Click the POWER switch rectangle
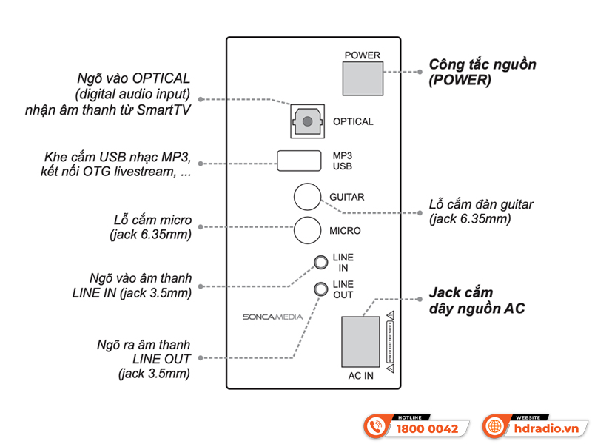362,76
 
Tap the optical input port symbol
306,121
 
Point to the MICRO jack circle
307,231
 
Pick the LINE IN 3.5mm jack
320,262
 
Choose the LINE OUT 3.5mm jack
320,289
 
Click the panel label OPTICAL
353,121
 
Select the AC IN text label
360,376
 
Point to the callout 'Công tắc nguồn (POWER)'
482,72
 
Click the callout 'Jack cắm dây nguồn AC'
476,300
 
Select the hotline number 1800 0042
428,428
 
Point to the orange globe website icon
494,427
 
